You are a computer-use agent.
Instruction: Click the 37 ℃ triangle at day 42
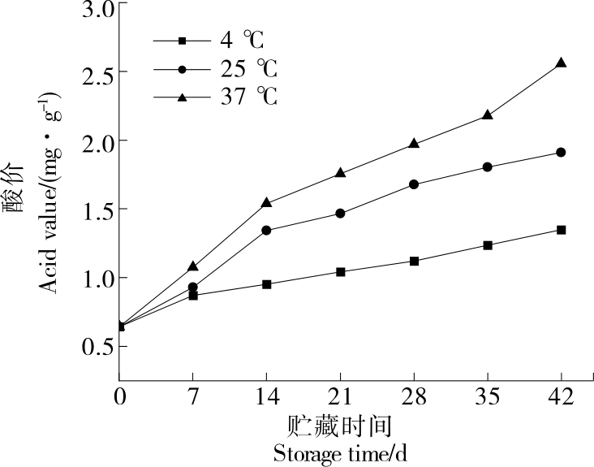pos(561,63)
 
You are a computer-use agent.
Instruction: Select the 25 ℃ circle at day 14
pos(266,230)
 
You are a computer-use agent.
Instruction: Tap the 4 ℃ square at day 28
pos(414,261)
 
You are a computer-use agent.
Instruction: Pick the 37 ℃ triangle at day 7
pos(192,266)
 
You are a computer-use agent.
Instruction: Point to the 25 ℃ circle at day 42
pos(561,152)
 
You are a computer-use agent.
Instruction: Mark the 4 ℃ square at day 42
pos(561,230)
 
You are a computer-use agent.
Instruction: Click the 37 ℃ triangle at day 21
pos(340,173)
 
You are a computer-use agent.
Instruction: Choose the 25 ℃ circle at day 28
pos(414,184)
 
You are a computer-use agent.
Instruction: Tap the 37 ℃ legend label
pos(248,97)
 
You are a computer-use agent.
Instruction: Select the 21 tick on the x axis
pos(340,399)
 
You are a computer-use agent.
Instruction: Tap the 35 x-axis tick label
pos(487,399)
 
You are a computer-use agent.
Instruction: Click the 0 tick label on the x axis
pos(119,399)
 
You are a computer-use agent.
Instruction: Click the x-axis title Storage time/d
pos(339,453)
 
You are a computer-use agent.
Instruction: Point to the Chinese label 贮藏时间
pos(340,426)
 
